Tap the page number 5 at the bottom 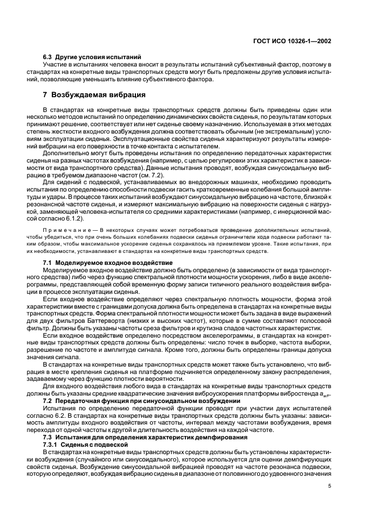click(330, 486)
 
